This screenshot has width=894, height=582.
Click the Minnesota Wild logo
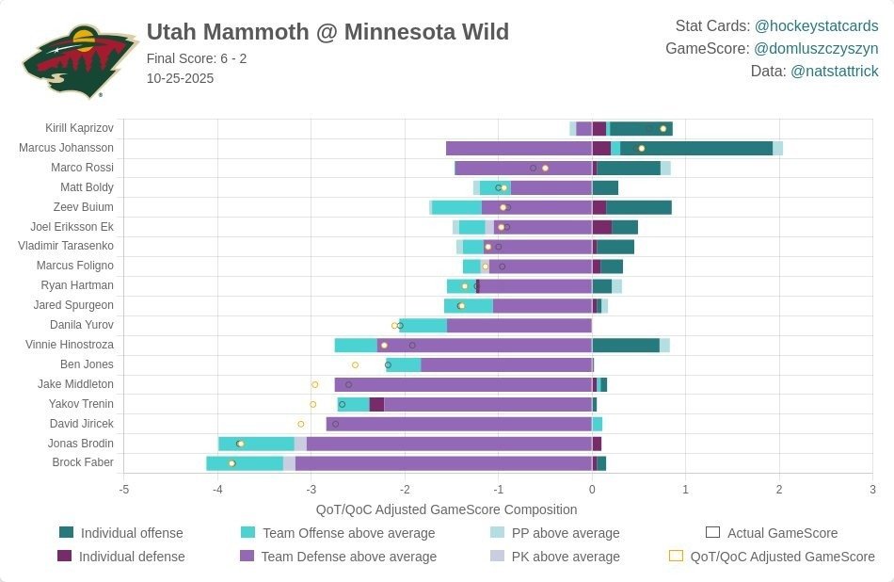67,61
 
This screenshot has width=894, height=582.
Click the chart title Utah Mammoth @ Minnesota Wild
327,32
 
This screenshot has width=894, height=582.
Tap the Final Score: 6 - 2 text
197,58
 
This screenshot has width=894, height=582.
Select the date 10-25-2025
180,78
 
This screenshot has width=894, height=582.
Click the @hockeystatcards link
816,26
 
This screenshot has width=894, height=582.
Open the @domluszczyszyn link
816,49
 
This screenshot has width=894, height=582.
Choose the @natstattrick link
834,72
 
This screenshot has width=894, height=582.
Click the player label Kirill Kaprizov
79,128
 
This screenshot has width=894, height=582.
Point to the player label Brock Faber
84,462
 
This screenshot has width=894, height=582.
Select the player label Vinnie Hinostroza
70,345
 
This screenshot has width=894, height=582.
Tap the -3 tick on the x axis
311,489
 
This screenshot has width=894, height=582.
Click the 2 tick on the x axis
779,489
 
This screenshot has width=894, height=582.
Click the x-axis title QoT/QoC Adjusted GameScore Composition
446,509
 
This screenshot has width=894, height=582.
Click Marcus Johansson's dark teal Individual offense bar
696,148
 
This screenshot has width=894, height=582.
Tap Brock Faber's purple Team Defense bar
442,462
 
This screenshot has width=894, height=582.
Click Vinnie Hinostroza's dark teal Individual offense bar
626,345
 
